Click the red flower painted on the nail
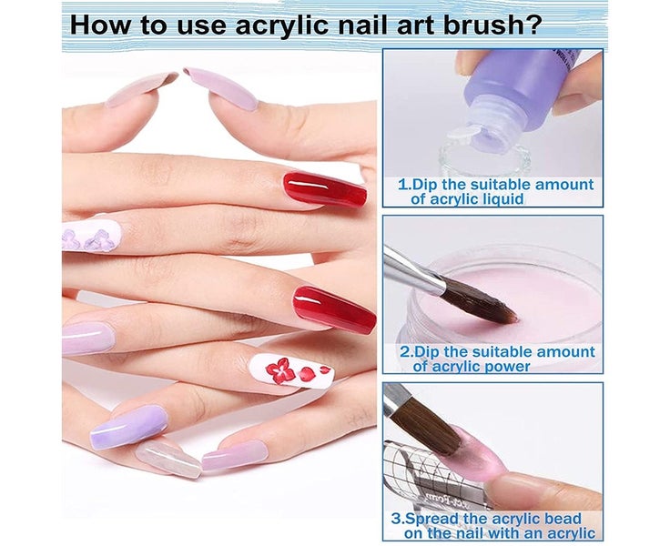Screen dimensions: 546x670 point(281,369)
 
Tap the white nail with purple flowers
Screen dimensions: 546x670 point(91,235)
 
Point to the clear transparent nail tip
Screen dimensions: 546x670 point(167,459)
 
